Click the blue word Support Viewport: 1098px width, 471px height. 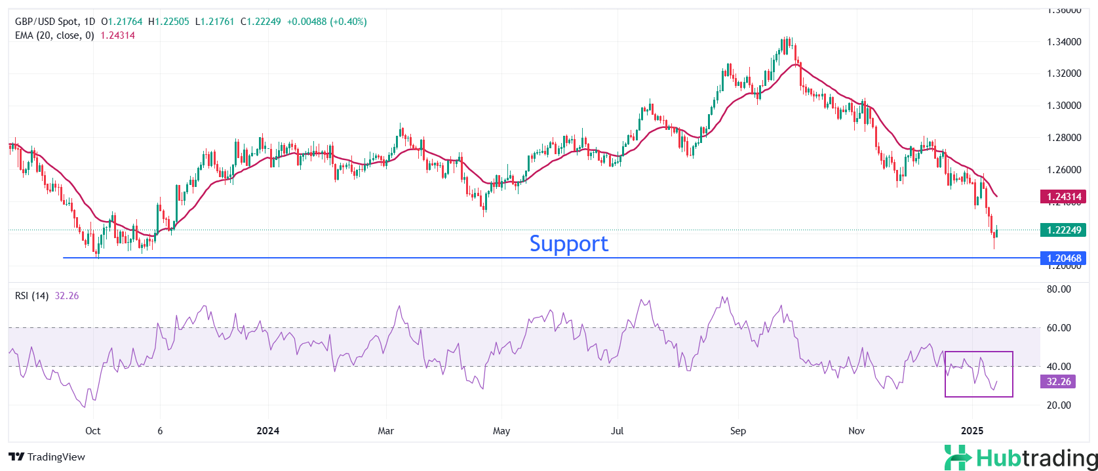click(x=568, y=243)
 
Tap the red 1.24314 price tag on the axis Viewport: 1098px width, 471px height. click(x=1063, y=197)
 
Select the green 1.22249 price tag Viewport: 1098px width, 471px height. click(x=1063, y=230)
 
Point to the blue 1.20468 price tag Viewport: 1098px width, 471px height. click(x=1063, y=258)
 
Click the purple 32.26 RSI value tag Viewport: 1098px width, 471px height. click(x=1058, y=382)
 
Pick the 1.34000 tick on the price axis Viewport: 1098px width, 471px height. click(x=1064, y=42)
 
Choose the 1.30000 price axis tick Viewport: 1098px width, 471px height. click(x=1064, y=106)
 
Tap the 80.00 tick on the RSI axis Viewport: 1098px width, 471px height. click(x=1059, y=289)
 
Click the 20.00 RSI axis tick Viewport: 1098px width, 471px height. click(x=1059, y=405)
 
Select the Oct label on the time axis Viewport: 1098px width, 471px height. click(x=93, y=431)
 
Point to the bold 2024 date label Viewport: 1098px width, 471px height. click(x=267, y=431)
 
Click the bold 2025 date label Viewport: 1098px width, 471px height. click(x=971, y=431)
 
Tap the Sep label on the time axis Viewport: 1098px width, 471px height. click(x=738, y=431)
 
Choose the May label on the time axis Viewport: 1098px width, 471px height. click(x=501, y=431)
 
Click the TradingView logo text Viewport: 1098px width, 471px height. click(x=47, y=457)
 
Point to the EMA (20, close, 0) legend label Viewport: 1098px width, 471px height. click(x=54, y=35)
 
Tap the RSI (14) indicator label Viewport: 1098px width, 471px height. click(x=31, y=296)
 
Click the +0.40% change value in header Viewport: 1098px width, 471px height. click(x=349, y=22)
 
